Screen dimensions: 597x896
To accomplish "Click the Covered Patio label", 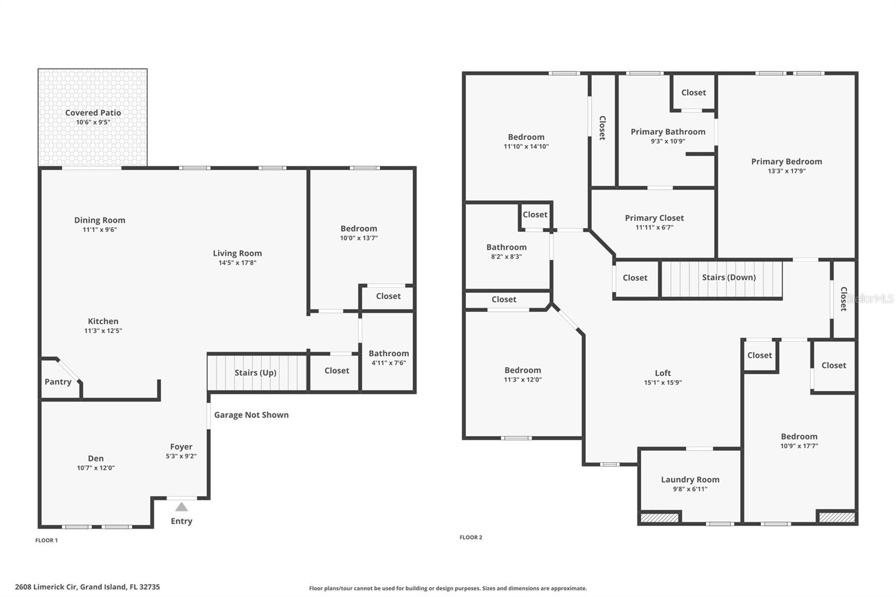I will click(x=93, y=113).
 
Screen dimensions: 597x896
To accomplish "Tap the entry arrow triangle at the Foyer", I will click(x=181, y=507).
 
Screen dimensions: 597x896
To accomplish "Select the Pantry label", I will click(x=58, y=382).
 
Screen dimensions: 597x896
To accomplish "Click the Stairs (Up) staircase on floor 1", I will click(x=256, y=372).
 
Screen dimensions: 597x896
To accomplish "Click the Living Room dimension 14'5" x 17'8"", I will click(x=237, y=263).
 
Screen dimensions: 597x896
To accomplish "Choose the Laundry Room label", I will click(x=690, y=479).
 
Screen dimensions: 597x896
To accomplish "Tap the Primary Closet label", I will click(x=654, y=218).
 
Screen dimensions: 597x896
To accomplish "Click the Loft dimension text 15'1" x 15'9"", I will click(x=662, y=383).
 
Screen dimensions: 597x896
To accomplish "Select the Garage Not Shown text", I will click(x=251, y=415).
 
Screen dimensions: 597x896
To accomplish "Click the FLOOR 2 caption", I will click(x=470, y=537).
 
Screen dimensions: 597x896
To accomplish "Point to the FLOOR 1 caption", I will click(x=46, y=540).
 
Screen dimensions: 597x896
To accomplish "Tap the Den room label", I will click(x=96, y=458).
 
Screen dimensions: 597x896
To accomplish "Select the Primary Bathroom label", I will click(x=668, y=132).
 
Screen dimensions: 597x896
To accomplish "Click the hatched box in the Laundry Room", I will click(x=659, y=517).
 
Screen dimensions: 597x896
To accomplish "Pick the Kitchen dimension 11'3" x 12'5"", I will click(x=103, y=330).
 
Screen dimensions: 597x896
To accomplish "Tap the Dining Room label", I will click(x=100, y=220).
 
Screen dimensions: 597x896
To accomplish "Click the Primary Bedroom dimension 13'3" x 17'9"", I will click(x=786, y=171).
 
